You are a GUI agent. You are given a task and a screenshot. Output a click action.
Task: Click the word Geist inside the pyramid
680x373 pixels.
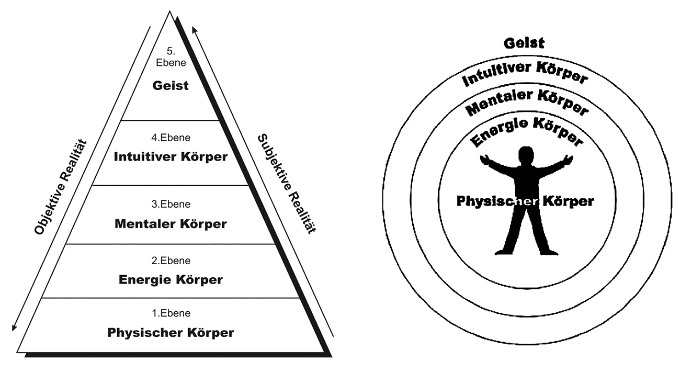pyautogui.click(x=171, y=85)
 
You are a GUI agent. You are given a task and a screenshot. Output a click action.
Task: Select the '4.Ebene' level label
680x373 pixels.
pyautogui.click(x=171, y=139)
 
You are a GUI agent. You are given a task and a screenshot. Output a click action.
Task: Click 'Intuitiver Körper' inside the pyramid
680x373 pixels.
pyautogui.click(x=171, y=156)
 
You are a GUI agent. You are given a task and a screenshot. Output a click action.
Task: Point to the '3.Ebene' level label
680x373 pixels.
pyautogui.click(x=171, y=205)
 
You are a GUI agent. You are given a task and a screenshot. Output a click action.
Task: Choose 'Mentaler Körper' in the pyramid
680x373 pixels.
pyautogui.click(x=171, y=224)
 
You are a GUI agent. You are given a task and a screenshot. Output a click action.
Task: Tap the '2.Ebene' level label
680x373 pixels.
pyautogui.click(x=171, y=261)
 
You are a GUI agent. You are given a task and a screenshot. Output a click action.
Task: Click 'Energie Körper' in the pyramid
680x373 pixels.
pyautogui.click(x=171, y=279)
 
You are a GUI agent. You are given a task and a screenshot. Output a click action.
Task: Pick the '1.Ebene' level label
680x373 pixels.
pyautogui.click(x=171, y=313)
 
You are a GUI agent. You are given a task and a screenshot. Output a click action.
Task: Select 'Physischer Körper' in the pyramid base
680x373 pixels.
pyautogui.click(x=171, y=333)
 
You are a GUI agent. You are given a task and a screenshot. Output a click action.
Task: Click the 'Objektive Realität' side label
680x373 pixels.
pyautogui.click(x=60, y=187)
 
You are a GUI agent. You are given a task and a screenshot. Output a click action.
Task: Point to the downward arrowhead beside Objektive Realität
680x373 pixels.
pyautogui.click(x=14, y=328)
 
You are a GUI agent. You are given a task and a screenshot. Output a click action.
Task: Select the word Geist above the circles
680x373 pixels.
pyautogui.click(x=524, y=43)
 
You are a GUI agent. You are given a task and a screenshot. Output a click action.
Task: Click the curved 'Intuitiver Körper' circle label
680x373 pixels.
pyautogui.click(x=525, y=74)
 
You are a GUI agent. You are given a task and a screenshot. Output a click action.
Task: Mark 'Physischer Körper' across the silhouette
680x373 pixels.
pyautogui.click(x=525, y=201)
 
